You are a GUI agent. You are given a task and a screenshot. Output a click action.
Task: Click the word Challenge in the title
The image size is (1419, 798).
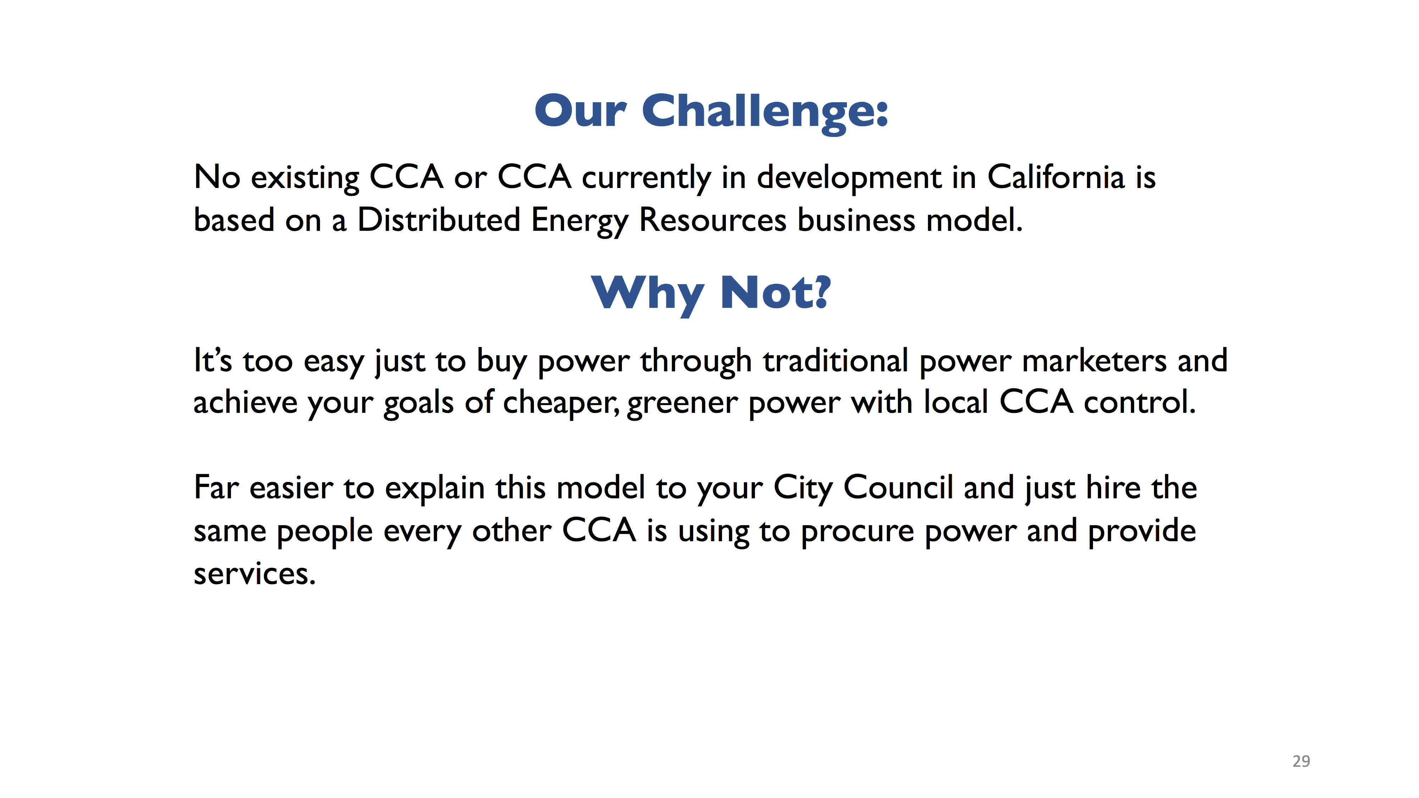pyautogui.click(x=766, y=113)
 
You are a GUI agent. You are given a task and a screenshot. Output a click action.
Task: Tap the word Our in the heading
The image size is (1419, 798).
pyautogui.click(x=581, y=111)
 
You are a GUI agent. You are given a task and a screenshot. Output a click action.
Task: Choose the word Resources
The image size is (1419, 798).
pyautogui.click(x=713, y=220)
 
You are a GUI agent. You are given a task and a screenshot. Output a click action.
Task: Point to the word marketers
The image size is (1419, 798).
pyautogui.click(x=1094, y=361)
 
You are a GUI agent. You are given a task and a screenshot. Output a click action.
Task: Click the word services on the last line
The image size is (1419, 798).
pyautogui.click(x=254, y=575)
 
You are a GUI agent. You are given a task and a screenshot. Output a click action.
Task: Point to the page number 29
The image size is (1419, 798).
pyautogui.click(x=1301, y=761)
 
